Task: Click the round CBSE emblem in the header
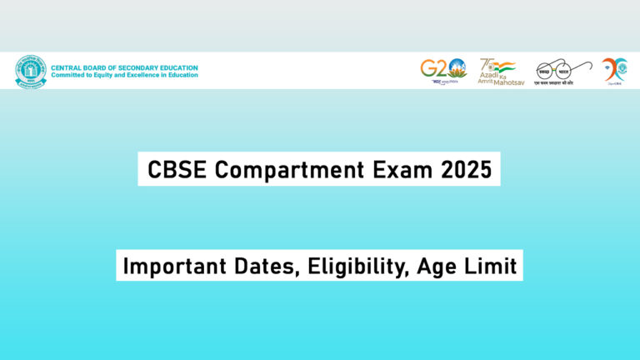tap(31, 71)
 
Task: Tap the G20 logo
tap(442, 71)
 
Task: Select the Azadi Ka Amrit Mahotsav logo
tap(497, 71)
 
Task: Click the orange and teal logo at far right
tap(615, 71)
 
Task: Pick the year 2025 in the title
tap(466, 169)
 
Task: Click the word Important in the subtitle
tap(168, 267)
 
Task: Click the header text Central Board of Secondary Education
tap(125, 67)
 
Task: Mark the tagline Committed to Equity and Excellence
tap(125, 75)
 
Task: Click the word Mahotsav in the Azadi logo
tap(507, 81)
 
